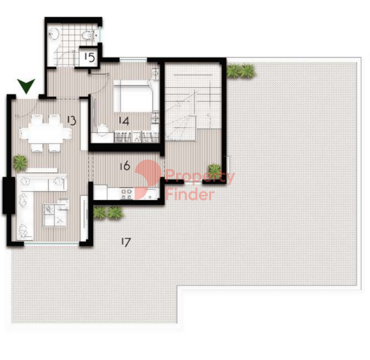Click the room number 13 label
71,121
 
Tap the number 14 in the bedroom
124,121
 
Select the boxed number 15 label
89,57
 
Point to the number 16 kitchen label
125,166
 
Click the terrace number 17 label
126,242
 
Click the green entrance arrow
26,86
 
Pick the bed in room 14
133,96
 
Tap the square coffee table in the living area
55,215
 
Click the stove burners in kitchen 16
126,193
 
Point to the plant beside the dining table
20,163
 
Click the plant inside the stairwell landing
214,171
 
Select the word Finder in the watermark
189,195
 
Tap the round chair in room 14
103,130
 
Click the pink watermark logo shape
148,179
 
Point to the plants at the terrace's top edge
241,71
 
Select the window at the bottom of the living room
52,243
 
